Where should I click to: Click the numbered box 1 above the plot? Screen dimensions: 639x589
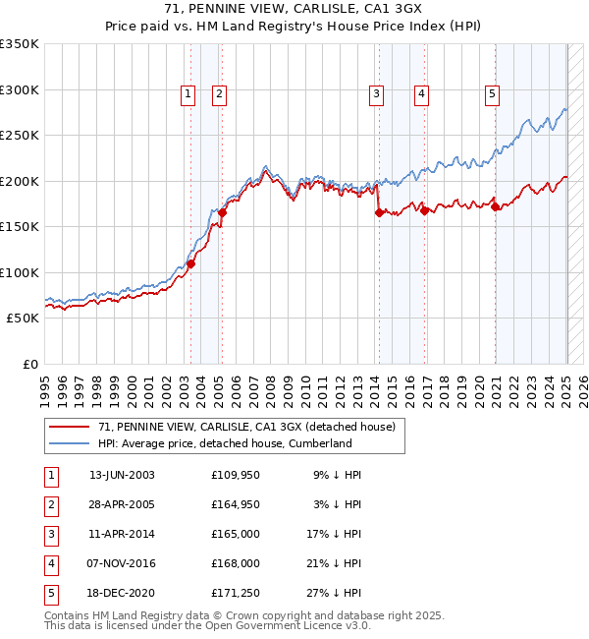pos(187,94)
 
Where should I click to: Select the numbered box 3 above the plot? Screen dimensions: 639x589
pos(376,94)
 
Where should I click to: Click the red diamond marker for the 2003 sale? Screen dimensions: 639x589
pos(191,263)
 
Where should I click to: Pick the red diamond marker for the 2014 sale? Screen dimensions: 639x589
pos(379,212)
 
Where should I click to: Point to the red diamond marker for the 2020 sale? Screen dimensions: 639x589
pos(496,206)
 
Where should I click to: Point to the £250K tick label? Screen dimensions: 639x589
pos(20,136)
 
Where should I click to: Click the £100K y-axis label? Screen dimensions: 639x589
pos(20,272)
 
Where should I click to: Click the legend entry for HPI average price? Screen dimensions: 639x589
pos(225,443)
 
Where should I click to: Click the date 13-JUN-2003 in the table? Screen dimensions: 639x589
pos(122,475)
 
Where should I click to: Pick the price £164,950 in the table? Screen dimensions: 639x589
pos(237,504)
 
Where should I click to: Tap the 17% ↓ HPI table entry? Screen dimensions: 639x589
pos(334,534)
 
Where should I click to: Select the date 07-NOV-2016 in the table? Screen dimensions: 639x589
pos(122,563)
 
